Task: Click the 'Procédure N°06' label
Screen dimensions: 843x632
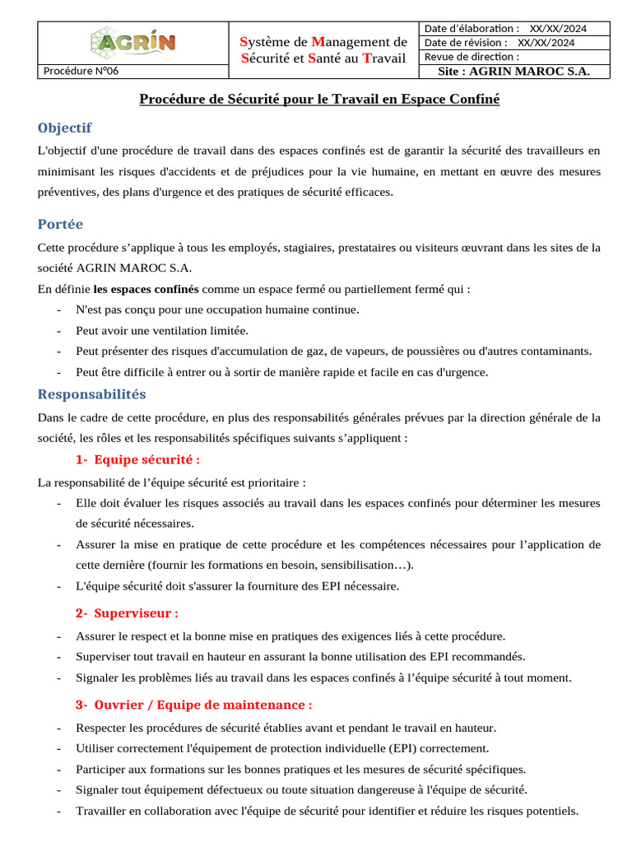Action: point(81,71)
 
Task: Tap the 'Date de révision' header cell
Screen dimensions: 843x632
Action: point(500,43)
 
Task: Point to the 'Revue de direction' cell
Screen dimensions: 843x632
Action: point(472,57)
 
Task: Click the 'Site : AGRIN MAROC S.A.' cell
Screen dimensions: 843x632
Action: point(515,72)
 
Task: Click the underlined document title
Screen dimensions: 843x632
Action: point(319,99)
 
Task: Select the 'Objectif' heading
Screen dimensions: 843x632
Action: point(65,128)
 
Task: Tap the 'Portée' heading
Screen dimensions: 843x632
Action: point(60,224)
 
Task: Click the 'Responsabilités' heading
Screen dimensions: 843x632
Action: point(91,394)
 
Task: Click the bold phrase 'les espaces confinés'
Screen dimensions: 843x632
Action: point(146,289)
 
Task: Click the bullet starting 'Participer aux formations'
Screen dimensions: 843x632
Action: point(300,769)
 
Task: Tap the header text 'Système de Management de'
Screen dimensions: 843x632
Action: point(323,42)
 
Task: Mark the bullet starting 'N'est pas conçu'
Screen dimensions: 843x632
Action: point(217,310)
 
